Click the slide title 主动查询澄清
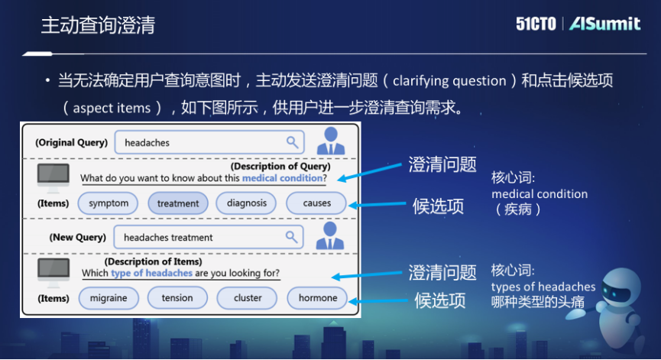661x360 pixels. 98,25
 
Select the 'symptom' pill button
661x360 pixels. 109,203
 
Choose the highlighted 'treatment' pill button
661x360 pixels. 178,203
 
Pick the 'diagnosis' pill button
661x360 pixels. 247,203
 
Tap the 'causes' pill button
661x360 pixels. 316,203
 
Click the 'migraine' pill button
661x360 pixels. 109,298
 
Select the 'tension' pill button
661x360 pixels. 177,298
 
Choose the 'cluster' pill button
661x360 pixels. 248,298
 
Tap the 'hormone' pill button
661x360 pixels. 317,298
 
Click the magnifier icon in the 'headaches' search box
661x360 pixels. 292,142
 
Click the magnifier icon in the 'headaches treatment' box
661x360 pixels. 292,237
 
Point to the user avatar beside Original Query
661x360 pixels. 331,141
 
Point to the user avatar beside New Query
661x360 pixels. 331,235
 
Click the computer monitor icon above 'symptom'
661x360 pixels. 53,175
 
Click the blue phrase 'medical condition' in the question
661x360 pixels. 282,179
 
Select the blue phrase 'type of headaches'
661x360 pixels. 151,273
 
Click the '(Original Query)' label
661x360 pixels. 71,143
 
